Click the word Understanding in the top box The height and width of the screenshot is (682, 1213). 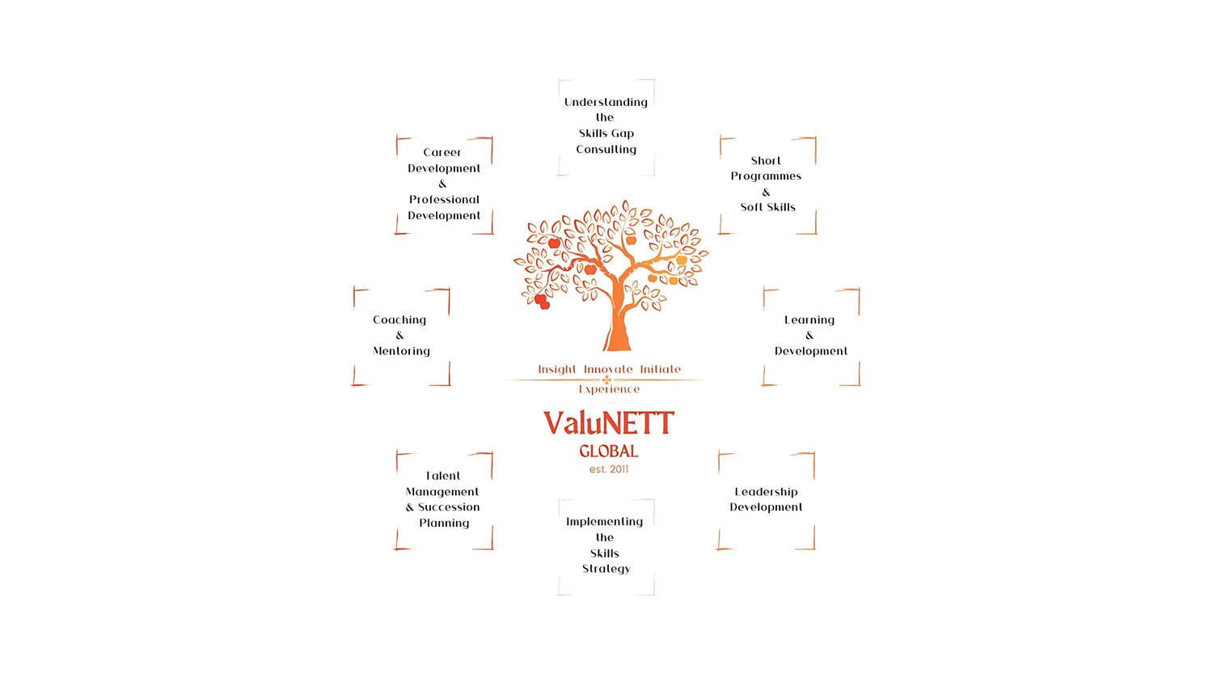(x=606, y=102)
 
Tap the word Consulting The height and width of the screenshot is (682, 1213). (x=606, y=150)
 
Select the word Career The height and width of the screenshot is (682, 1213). (x=442, y=152)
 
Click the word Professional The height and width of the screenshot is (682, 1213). (x=444, y=200)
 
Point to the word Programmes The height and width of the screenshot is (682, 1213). (x=766, y=176)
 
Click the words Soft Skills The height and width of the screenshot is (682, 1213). (x=767, y=207)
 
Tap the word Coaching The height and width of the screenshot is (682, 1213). (x=399, y=320)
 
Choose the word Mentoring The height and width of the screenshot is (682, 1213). (x=401, y=351)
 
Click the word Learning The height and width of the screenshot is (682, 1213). (x=809, y=320)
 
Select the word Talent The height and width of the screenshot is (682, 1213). (x=443, y=476)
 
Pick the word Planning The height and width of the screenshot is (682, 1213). (x=444, y=523)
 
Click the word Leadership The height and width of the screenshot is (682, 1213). (x=766, y=492)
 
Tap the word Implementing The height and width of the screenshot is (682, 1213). (x=605, y=522)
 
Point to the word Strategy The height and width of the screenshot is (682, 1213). (x=606, y=569)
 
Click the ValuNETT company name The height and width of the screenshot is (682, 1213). (x=608, y=422)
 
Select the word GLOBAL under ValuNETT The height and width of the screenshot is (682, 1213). (x=608, y=451)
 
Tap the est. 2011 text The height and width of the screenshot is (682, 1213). (x=608, y=469)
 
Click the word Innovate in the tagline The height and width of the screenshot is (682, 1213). (x=608, y=370)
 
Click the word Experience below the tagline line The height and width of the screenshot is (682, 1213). (x=609, y=389)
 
